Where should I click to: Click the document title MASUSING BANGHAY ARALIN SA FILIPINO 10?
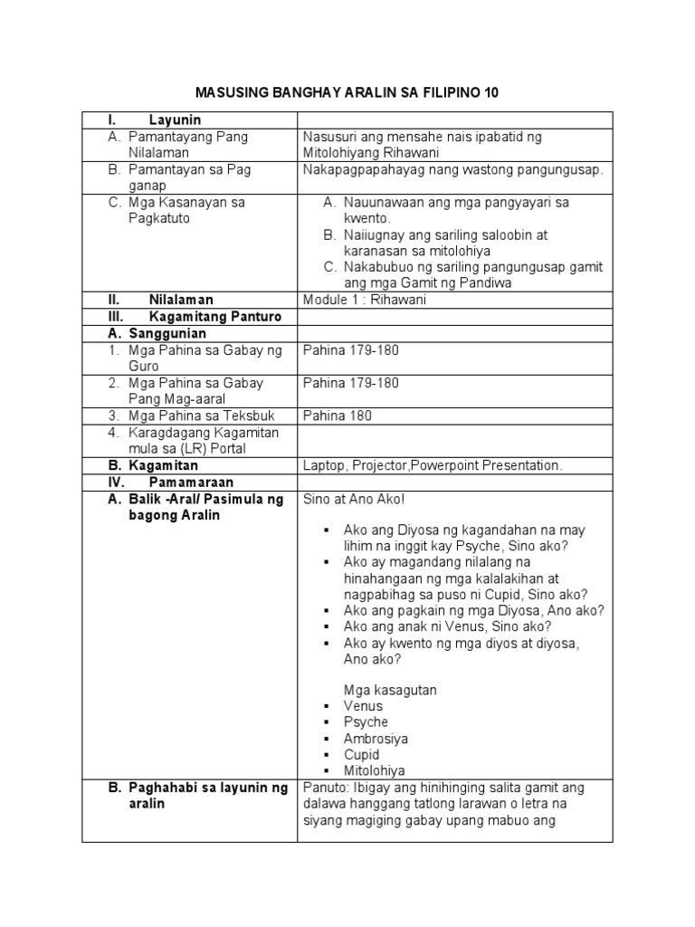coord(347,93)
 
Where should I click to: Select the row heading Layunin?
coord(174,120)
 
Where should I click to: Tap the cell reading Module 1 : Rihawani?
coord(365,300)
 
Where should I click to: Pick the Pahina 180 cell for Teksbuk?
coord(338,416)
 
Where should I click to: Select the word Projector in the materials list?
coord(382,465)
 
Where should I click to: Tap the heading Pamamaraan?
coord(191,483)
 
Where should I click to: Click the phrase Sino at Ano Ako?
coord(355,499)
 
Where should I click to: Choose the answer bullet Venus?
coord(363,706)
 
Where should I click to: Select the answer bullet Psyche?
coord(366,722)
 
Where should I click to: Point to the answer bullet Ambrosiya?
coord(376,739)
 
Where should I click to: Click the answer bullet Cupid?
coord(361,755)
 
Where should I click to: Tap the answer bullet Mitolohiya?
coord(375,771)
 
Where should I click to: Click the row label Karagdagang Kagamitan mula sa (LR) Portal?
coord(203,440)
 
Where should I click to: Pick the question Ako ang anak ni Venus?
coord(448,626)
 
